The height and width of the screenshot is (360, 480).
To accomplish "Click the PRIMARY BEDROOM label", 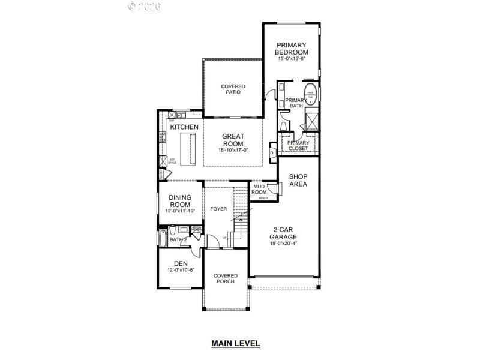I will pyautogui.click(x=292, y=49).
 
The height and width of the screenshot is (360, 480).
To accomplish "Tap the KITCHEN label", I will pyautogui.click(x=184, y=127).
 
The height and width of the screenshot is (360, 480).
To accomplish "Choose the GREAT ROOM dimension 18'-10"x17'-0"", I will pyautogui.click(x=233, y=151).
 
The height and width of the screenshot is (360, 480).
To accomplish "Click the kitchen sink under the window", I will pyautogui.click(x=178, y=115).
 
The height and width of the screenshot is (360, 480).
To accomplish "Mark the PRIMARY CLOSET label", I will pyautogui.click(x=298, y=145).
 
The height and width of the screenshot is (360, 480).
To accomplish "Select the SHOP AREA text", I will pyautogui.click(x=298, y=181).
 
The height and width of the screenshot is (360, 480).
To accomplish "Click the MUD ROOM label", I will pyautogui.click(x=259, y=190).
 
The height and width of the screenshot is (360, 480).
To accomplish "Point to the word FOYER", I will pyautogui.click(x=218, y=209).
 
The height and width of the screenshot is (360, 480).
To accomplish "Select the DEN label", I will pyautogui.click(x=180, y=263).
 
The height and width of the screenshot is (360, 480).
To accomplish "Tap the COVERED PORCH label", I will pyautogui.click(x=226, y=280).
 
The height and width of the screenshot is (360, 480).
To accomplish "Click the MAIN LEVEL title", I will pyautogui.click(x=235, y=344).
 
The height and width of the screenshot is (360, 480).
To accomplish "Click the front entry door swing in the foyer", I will pyautogui.click(x=212, y=242).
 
